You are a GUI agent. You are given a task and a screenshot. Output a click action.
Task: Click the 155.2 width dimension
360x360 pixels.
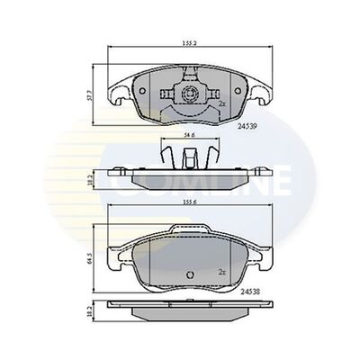188,43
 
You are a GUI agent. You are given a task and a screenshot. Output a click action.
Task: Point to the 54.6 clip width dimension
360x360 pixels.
188,136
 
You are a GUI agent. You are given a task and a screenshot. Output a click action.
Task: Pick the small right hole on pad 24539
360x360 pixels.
212,93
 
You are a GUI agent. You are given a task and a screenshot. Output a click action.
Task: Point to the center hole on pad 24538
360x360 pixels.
189,275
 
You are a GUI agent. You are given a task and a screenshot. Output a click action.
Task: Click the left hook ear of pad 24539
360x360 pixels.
116,93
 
